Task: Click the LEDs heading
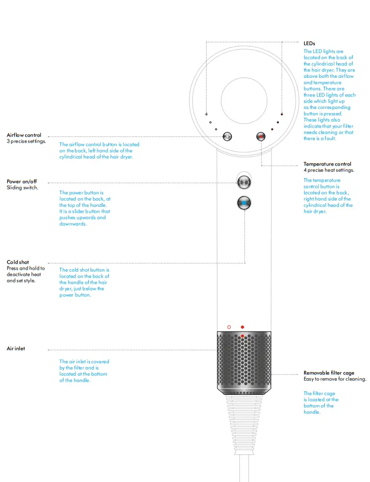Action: click(x=309, y=44)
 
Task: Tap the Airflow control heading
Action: click(x=24, y=135)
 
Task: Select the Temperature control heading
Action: click(x=327, y=164)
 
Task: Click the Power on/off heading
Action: click(x=21, y=181)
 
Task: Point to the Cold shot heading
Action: click(x=18, y=262)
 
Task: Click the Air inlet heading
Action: click(x=16, y=349)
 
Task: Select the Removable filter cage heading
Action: click(x=329, y=373)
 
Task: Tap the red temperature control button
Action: click(x=262, y=137)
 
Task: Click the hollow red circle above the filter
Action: click(x=229, y=327)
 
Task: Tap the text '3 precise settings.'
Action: click(x=26, y=141)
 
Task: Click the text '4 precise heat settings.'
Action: click(x=329, y=170)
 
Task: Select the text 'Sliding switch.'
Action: click(x=22, y=187)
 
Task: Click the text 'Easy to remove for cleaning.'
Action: click(x=334, y=379)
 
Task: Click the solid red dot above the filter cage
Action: click(x=242, y=327)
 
